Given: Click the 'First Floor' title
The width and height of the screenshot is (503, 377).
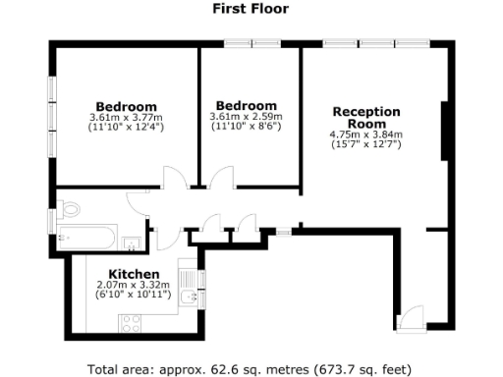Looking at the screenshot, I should tap(251, 9).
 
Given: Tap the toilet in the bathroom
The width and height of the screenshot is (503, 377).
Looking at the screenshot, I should tap(67, 209).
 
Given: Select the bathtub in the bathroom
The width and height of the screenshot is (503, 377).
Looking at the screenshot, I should tap(87, 236).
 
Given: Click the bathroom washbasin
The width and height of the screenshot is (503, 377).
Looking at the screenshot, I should tap(133, 239).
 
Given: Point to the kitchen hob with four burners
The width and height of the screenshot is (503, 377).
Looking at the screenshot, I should tap(131, 321).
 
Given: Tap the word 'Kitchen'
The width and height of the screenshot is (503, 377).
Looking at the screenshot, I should tap(133, 273).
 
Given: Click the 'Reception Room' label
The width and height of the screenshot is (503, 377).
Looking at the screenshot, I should tap(366, 118).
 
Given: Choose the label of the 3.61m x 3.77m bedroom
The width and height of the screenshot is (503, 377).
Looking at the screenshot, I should tap(126, 107).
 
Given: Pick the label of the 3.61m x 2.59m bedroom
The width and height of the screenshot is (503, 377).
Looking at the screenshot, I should tap(246, 106).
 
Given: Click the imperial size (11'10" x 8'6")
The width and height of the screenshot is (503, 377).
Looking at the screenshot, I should tap(246, 127).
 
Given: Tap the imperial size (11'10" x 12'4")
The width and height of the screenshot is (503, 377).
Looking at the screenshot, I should tap(126, 128).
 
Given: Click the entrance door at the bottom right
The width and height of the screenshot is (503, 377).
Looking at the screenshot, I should tap(409, 317).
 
